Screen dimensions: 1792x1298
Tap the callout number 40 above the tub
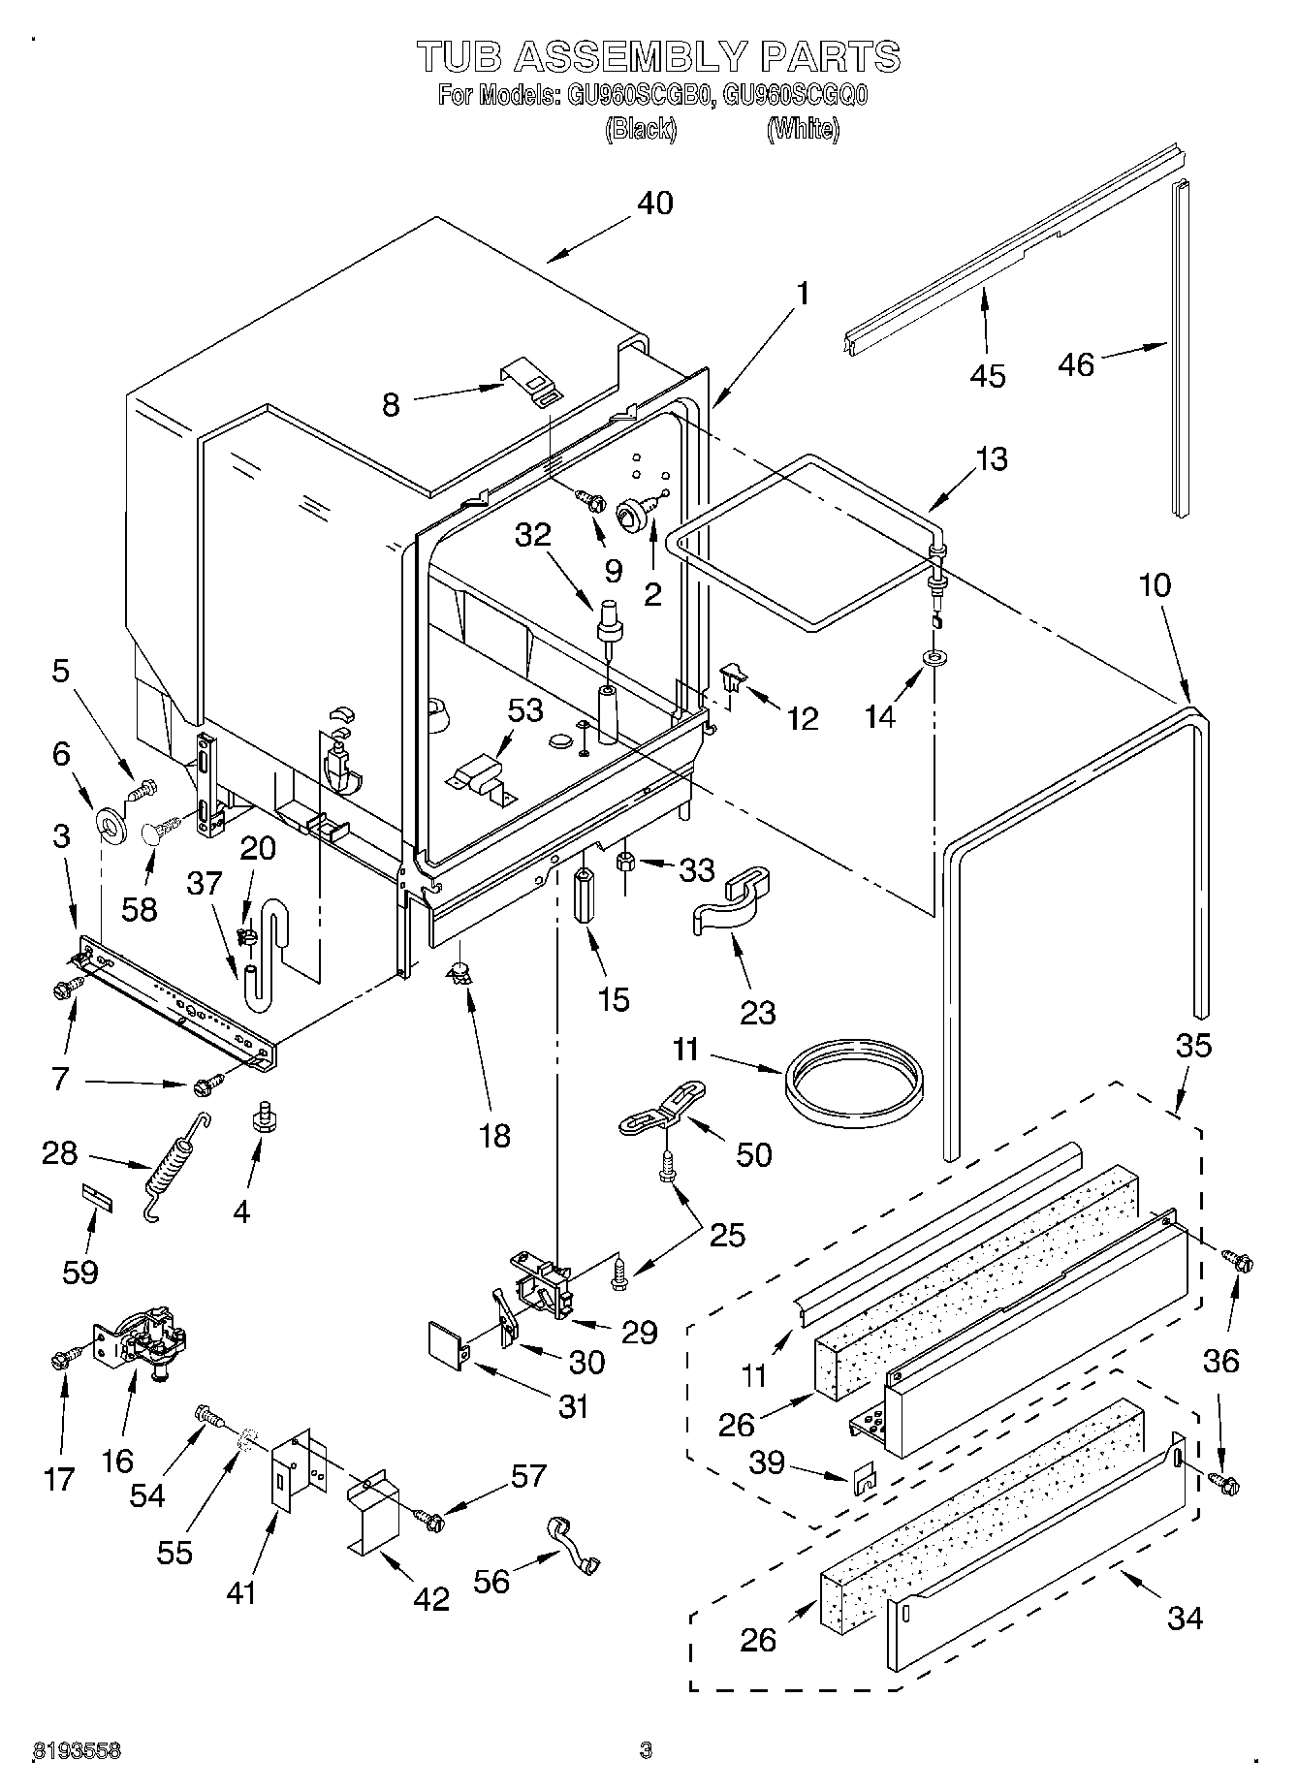[x=655, y=204]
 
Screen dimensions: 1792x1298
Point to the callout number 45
[x=988, y=376]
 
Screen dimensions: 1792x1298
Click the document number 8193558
[x=78, y=1750]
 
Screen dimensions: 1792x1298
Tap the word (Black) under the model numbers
[x=640, y=129]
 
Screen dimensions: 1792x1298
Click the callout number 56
[x=492, y=1582]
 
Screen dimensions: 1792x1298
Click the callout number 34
[x=1185, y=1618]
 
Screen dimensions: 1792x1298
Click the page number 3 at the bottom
[x=646, y=1750]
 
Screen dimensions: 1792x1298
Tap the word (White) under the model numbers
[x=802, y=129]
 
